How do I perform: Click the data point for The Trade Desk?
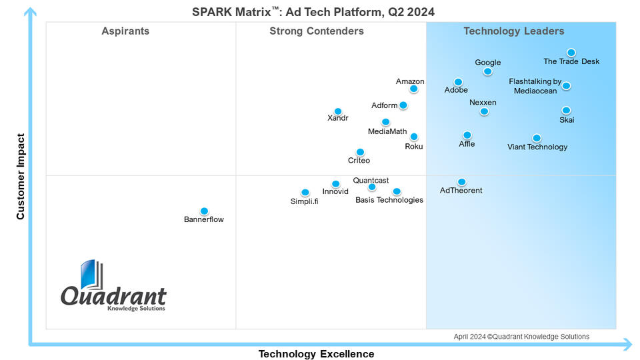pyautogui.click(x=571, y=53)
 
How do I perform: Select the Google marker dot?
pyautogui.click(x=488, y=71)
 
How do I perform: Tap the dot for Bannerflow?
pyautogui.click(x=204, y=211)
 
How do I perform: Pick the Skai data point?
pyautogui.click(x=566, y=111)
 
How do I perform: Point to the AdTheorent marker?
pyautogui.click(x=461, y=182)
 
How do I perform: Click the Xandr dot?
pyautogui.click(x=338, y=111)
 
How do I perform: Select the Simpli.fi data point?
pyautogui.click(x=305, y=193)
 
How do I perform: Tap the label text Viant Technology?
pyautogui.click(x=537, y=147)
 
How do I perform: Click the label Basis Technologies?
pyautogui.click(x=389, y=200)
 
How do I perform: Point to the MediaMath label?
pyautogui.click(x=387, y=131)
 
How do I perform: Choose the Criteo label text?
pyautogui.click(x=359, y=161)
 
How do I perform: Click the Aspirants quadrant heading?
pyautogui.click(x=125, y=31)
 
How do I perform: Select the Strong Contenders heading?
pyautogui.click(x=317, y=31)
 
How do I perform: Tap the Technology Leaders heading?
pyautogui.click(x=514, y=31)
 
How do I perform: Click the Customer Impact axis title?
pyautogui.click(x=21, y=177)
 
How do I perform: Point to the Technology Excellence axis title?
pyautogui.click(x=317, y=354)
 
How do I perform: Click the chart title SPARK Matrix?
pyautogui.click(x=313, y=12)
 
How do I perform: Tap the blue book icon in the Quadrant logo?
pyautogui.click(x=91, y=276)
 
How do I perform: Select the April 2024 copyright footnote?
pyautogui.click(x=521, y=337)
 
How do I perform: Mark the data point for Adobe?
pyautogui.click(x=458, y=82)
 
